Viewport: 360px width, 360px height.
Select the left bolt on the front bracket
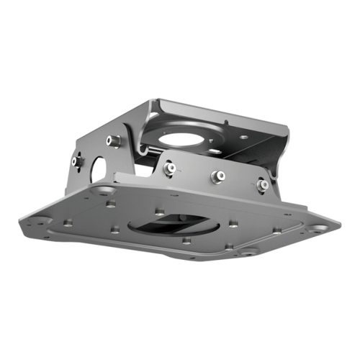pyautogui.click(x=169, y=167)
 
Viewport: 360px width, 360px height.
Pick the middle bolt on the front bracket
pyautogui.click(x=216, y=176)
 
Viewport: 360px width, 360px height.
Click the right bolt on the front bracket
pyautogui.click(x=264, y=185)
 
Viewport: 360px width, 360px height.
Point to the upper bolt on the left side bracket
pyautogui.click(x=114, y=140)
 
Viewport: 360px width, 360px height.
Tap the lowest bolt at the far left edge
pyautogui.click(x=76, y=163)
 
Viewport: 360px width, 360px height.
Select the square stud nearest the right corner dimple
pyautogui.click(x=276, y=231)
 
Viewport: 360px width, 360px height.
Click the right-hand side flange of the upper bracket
pyautogui.click(x=277, y=155)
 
